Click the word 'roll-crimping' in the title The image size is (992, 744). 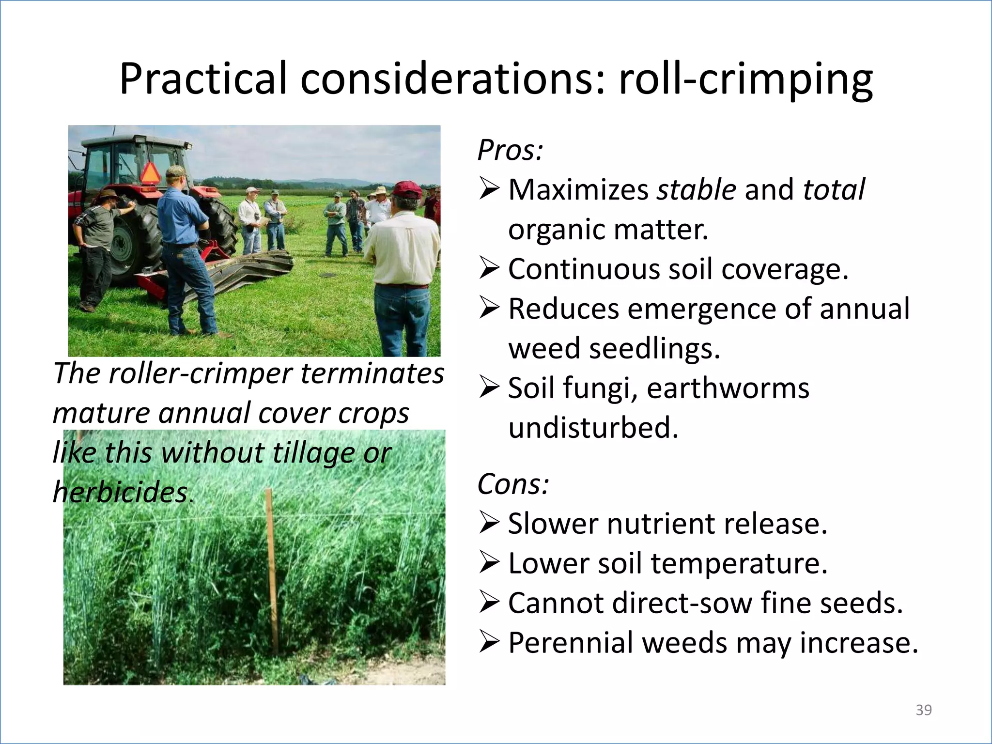(746, 79)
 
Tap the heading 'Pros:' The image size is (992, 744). (510, 150)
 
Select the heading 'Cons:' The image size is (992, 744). (513, 484)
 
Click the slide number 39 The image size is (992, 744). (923, 710)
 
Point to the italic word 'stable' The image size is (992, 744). (696, 189)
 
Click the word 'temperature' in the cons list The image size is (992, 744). (739, 563)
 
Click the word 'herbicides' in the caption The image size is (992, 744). (120, 492)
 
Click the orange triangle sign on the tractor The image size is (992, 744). (150, 173)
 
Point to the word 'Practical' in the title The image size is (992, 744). (203, 79)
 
